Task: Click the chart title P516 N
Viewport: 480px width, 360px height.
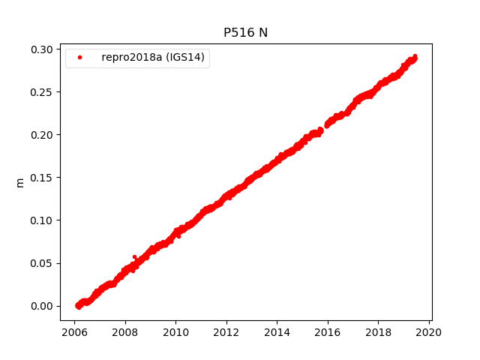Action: point(245,32)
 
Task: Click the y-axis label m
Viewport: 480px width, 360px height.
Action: point(20,182)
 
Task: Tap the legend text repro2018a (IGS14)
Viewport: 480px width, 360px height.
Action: point(153,58)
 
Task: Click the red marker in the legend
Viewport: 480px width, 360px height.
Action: point(79,58)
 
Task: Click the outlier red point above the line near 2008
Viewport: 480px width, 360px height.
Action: point(134,257)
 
